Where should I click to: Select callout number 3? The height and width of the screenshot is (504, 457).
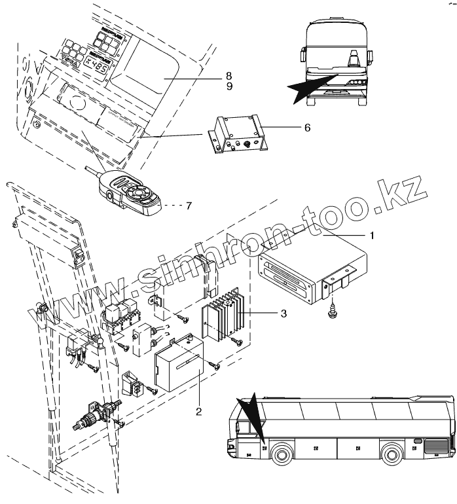(x=283, y=314)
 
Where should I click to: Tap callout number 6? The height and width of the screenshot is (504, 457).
(x=307, y=128)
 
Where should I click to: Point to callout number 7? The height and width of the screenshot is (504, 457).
(x=189, y=206)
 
